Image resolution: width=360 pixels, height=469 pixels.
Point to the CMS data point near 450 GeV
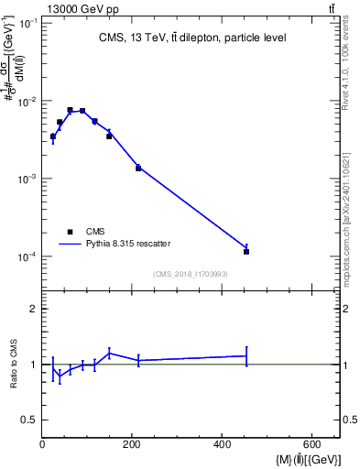point(246,251)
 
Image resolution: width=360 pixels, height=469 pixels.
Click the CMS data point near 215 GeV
point(138,169)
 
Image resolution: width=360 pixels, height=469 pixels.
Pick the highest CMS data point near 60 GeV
point(70,110)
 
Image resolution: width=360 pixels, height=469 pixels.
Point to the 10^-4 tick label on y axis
point(27,256)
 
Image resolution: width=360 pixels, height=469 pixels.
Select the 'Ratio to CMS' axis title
point(14,365)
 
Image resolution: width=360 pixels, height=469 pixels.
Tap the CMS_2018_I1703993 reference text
point(191,273)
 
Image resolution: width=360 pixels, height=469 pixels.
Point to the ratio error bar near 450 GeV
point(246,355)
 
